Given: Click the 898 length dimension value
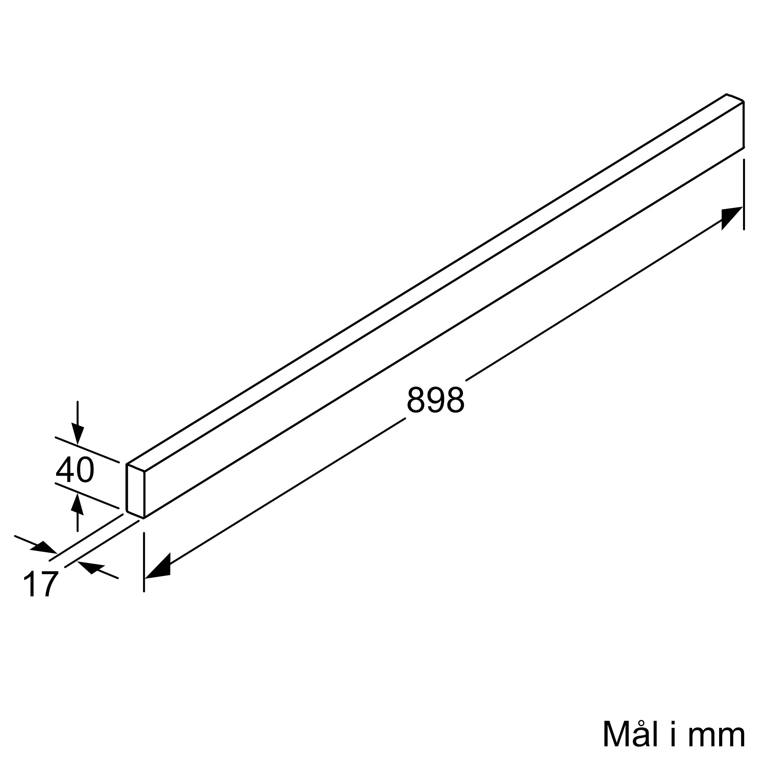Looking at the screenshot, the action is (436, 400).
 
